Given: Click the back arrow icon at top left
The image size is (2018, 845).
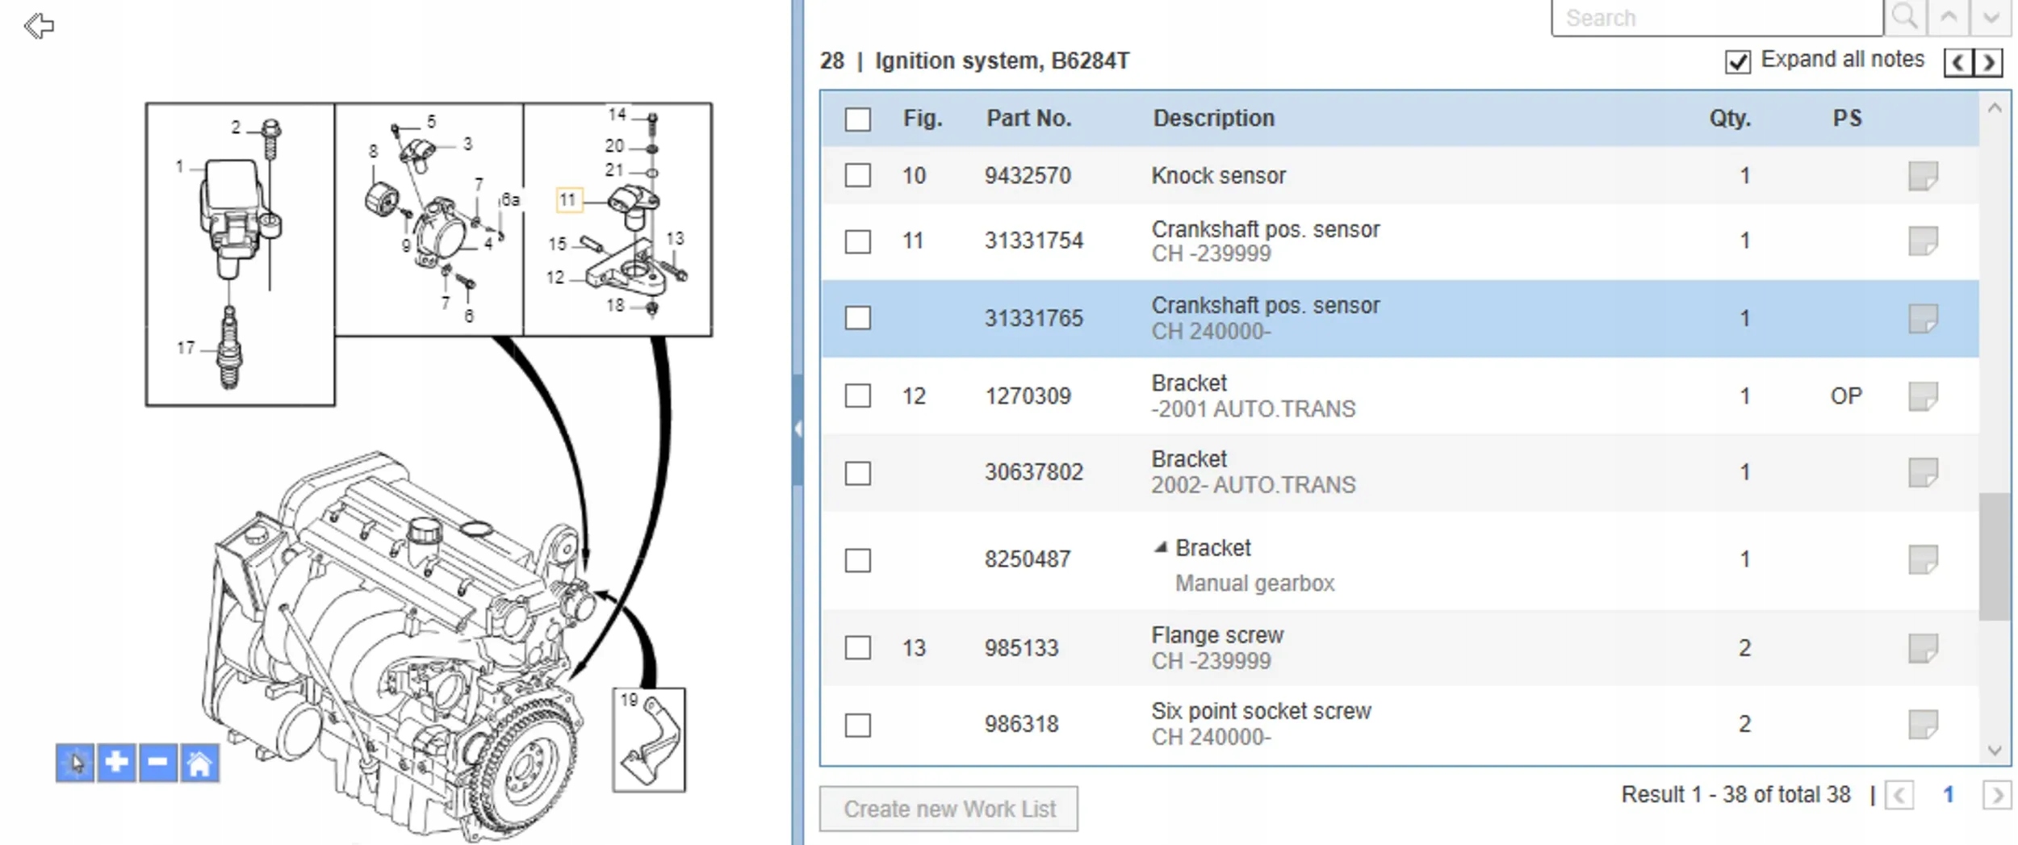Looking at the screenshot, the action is (39, 26).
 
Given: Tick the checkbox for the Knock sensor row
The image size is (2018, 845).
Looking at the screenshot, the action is (857, 175).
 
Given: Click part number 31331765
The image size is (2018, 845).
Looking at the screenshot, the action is (1033, 318).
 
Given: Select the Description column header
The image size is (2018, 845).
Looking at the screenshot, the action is (1213, 118).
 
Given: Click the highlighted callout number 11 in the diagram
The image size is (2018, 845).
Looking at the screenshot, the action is (568, 199).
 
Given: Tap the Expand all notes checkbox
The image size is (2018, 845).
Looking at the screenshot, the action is (1737, 61).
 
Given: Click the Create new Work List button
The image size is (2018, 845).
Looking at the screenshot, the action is (948, 809).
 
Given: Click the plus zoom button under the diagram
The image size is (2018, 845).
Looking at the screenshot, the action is (116, 763).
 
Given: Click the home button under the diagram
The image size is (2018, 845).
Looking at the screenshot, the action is (199, 763).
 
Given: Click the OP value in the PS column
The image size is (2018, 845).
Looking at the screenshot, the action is (1845, 396).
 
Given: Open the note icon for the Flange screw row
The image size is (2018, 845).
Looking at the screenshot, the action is (1923, 647).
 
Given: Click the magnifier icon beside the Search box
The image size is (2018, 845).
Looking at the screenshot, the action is (1905, 17).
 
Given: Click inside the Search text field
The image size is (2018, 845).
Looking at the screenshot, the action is (1717, 18).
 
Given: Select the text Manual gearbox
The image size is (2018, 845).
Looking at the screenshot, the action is (1254, 584).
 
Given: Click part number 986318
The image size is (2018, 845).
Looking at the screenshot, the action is (1021, 724).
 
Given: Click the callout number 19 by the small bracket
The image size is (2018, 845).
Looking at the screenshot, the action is (629, 700).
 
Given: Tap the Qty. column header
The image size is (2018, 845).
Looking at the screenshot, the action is (1729, 119).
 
